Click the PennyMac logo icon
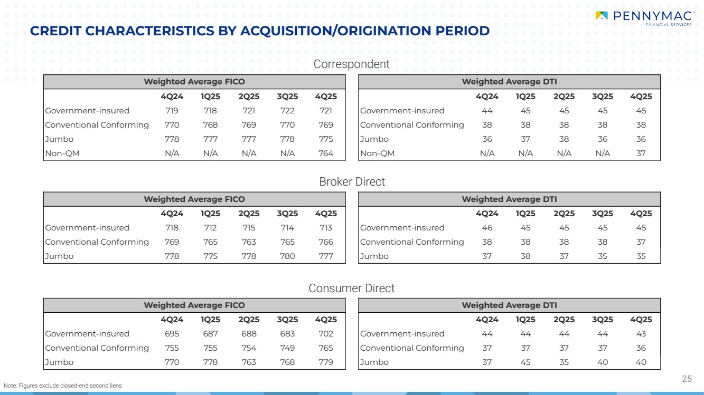[602, 16]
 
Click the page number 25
[687, 379]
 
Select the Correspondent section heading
[351, 64]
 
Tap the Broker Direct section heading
[352, 181]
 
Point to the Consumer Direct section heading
[351, 288]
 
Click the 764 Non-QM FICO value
[326, 153]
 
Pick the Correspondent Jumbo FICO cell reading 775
[326, 139]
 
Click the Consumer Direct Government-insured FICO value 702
[326, 334]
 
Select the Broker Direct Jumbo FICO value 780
[287, 256]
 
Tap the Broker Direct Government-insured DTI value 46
[487, 228]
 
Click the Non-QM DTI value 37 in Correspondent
[641, 153]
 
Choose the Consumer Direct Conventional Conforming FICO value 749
[287, 348]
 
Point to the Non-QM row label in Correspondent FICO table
[62, 153]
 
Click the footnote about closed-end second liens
[62, 386]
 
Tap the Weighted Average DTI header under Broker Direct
[509, 199]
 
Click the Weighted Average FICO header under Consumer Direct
[194, 305]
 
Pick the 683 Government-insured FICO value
[287, 334]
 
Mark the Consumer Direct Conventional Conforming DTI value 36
[641, 348]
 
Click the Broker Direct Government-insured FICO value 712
[210, 228]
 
